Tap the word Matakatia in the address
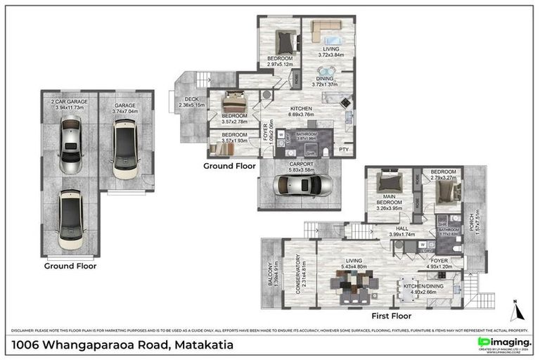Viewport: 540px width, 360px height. pyautogui.click(x=201, y=345)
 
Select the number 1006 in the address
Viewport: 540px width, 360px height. pyautogui.click(x=27, y=345)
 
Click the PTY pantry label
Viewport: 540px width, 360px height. pyautogui.click(x=344, y=150)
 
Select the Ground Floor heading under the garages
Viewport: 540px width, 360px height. pyautogui.click(x=70, y=266)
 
